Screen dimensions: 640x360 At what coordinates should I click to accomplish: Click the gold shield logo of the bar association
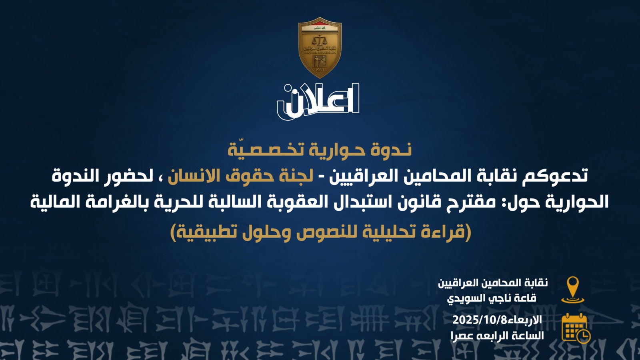320,48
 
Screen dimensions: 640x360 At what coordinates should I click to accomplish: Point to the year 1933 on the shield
320,70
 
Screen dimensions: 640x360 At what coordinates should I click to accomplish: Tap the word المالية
55,202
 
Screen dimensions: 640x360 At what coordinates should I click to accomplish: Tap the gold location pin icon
572,290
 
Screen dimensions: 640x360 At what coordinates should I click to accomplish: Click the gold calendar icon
576,328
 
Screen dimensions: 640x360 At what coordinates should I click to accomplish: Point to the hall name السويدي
464,298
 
